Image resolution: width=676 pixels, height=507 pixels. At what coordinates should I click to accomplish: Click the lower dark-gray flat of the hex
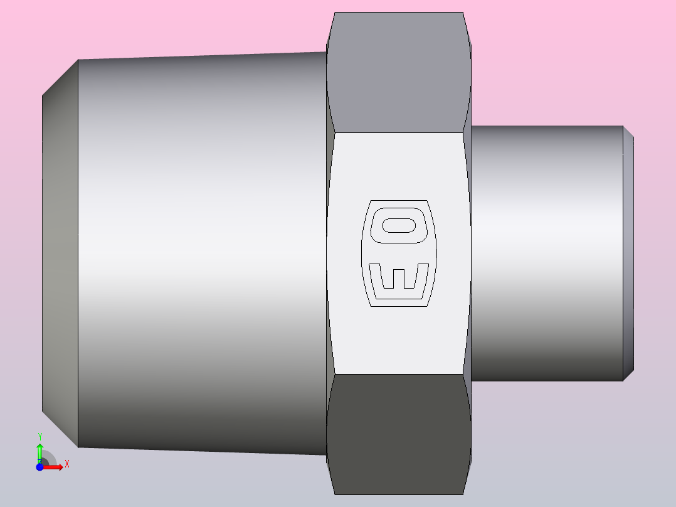pos(398,433)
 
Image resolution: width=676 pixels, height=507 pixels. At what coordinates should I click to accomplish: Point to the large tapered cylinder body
pos(201,251)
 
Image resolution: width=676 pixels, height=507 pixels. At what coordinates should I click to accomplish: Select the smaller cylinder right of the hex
pos(546,251)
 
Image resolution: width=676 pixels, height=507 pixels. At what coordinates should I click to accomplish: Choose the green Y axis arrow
pos(40,451)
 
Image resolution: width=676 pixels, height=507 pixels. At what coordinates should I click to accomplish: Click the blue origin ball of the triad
pos(40,467)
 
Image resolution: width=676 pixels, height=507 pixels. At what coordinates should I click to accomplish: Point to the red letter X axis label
pos(66,464)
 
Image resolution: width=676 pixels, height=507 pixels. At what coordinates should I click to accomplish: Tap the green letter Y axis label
pos(40,436)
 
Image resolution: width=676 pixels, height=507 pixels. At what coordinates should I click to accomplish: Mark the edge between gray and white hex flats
pos(398,132)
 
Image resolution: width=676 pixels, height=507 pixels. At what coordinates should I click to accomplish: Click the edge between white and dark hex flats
pos(398,375)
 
